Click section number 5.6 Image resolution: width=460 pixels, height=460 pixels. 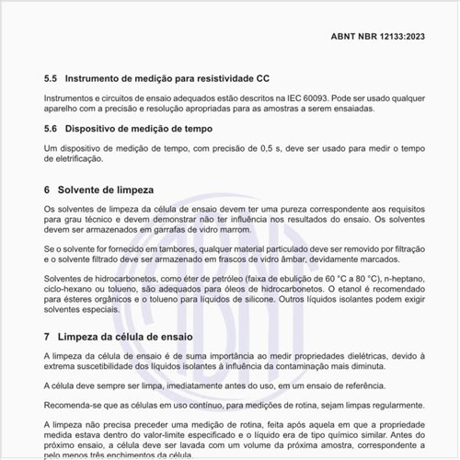51,129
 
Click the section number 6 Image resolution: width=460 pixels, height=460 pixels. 47,190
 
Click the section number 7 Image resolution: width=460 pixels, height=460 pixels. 47,338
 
